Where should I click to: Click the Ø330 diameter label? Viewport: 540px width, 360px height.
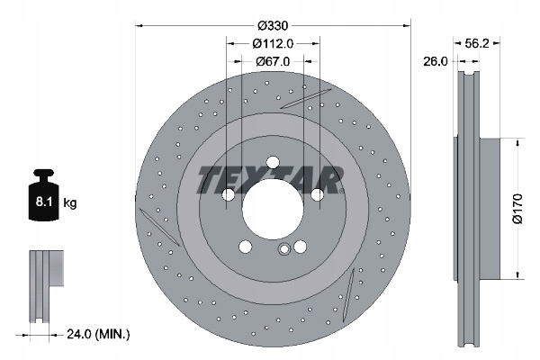pyautogui.click(x=273, y=25)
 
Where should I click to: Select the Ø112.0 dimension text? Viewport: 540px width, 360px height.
pyautogui.click(x=273, y=44)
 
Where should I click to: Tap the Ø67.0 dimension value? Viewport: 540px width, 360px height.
pyautogui.click(x=273, y=62)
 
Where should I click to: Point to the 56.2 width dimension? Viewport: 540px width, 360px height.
pyautogui.click(x=477, y=43)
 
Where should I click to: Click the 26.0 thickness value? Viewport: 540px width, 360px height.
pyautogui.click(x=436, y=62)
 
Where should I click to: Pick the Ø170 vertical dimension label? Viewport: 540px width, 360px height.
pyautogui.click(x=517, y=209)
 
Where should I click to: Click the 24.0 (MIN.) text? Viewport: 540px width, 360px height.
pyautogui.click(x=98, y=334)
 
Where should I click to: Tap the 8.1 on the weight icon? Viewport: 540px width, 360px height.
pyautogui.click(x=44, y=202)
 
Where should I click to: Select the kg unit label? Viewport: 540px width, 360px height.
pyautogui.click(x=70, y=202)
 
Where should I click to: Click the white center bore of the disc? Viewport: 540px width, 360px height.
pyautogui.click(x=273, y=209)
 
